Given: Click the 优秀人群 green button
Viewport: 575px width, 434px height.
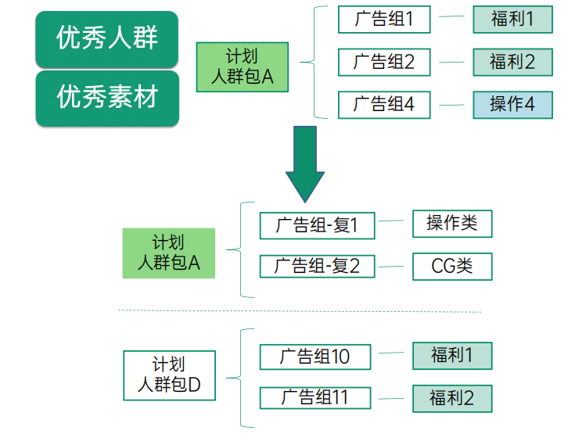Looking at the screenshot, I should click(107, 38).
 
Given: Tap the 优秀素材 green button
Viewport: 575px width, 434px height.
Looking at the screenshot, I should click(107, 98).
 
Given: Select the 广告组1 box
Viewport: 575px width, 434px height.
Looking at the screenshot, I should click(384, 20).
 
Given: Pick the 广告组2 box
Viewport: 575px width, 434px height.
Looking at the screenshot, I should click(384, 62).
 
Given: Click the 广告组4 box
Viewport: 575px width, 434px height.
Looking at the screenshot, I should click(384, 104).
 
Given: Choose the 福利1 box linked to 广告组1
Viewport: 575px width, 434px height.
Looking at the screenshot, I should click(512, 20).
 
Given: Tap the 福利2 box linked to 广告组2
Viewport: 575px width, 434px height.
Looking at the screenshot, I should click(512, 62).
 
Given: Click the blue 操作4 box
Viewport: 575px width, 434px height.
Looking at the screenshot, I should click(512, 104).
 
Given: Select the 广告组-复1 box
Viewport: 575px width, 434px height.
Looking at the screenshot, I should click(317, 225).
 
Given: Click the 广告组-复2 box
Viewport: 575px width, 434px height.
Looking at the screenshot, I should click(317, 266).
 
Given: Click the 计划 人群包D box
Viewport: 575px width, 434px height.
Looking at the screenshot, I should click(169, 375).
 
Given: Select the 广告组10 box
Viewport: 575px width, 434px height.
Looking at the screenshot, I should click(316, 357).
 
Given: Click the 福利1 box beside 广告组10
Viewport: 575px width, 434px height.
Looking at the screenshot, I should click(452, 356).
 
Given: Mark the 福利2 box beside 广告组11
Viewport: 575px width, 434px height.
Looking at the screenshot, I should click(452, 398).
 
